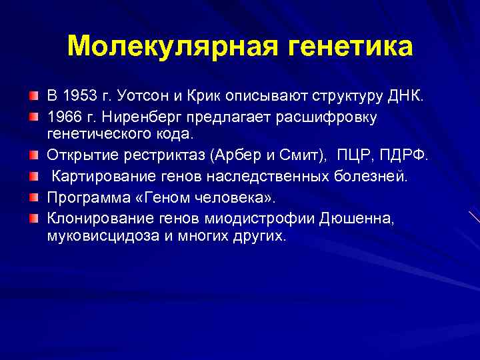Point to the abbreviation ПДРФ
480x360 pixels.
coord(405,156)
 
